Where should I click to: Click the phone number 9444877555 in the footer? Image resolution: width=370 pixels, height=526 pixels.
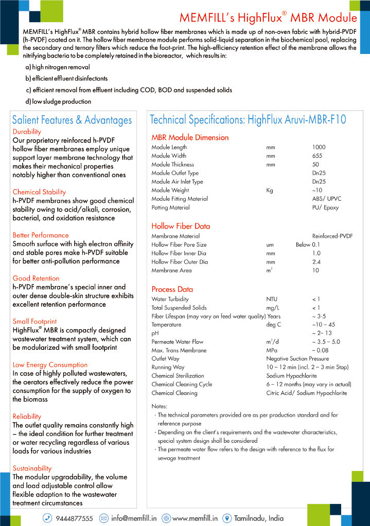point(74,518)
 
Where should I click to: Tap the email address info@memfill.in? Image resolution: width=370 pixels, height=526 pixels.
point(134,518)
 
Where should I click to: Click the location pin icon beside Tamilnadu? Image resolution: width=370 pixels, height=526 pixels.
point(227,518)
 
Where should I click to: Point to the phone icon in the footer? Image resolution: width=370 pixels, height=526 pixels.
point(47,518)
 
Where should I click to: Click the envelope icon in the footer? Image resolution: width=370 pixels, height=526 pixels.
point(103,518)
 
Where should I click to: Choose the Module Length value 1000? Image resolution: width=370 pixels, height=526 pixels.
point(319,147)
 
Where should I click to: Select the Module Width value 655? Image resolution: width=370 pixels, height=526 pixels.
point(317,156)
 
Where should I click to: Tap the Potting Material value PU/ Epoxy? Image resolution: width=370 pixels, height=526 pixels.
point(325,208)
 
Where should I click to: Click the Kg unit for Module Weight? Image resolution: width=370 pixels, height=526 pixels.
point(269,191)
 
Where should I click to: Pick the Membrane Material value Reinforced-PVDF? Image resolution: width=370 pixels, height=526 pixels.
point(332,236)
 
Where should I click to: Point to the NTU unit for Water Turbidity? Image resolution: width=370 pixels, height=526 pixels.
point(272,299)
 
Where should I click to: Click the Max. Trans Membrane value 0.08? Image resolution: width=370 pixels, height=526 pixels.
point(321,350)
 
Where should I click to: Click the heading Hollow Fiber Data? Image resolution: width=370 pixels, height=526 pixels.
point(181,226)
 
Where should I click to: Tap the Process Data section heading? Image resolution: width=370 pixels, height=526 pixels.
point(172,289)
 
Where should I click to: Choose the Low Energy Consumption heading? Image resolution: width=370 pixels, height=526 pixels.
point(50,365)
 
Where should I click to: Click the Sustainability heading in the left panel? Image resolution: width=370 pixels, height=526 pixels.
point(32,468)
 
